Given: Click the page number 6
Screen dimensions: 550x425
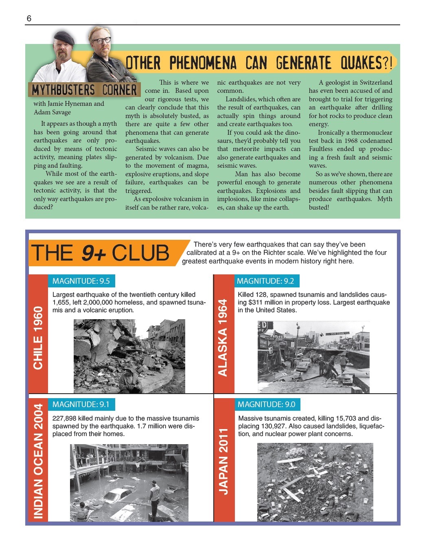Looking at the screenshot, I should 29,18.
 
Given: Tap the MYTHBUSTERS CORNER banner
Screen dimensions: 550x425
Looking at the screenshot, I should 84,90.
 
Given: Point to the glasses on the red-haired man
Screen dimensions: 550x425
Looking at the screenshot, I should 101,40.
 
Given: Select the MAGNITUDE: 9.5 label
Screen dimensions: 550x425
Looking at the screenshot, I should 81,281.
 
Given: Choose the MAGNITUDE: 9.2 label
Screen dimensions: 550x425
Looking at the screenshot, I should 265,281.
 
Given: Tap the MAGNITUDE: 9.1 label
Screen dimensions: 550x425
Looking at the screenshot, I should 81,404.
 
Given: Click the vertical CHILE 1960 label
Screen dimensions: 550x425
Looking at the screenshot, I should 38,338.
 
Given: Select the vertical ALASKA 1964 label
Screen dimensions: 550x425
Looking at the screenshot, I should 223,338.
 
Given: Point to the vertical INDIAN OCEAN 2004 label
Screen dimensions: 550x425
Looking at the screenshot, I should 38,461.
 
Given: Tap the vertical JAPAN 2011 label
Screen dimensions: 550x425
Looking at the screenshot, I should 223,461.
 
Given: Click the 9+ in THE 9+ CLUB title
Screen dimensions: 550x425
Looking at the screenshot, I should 94,253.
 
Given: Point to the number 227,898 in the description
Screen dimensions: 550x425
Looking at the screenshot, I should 65,419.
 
